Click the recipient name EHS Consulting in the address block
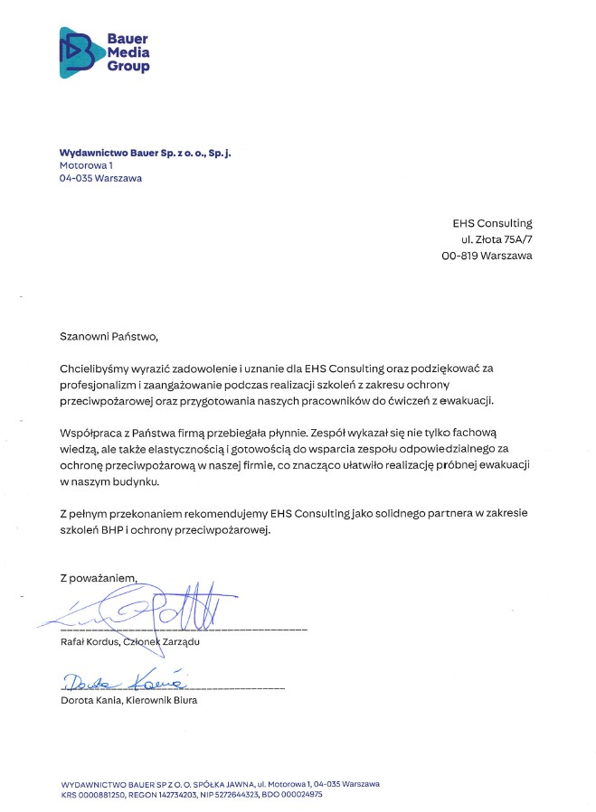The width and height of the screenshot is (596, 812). [x=492, y=223]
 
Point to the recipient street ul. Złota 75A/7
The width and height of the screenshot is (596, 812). [x=496, y=239]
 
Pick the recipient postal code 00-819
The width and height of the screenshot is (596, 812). [x=459, y=256]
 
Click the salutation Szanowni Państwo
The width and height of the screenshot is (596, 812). [x=109, y=337]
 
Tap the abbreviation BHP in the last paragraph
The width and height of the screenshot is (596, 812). [x=121, y=530]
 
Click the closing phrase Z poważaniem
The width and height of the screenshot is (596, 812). [x=98, y=576]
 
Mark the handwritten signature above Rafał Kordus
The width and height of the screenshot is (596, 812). [x=145, y=611]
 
